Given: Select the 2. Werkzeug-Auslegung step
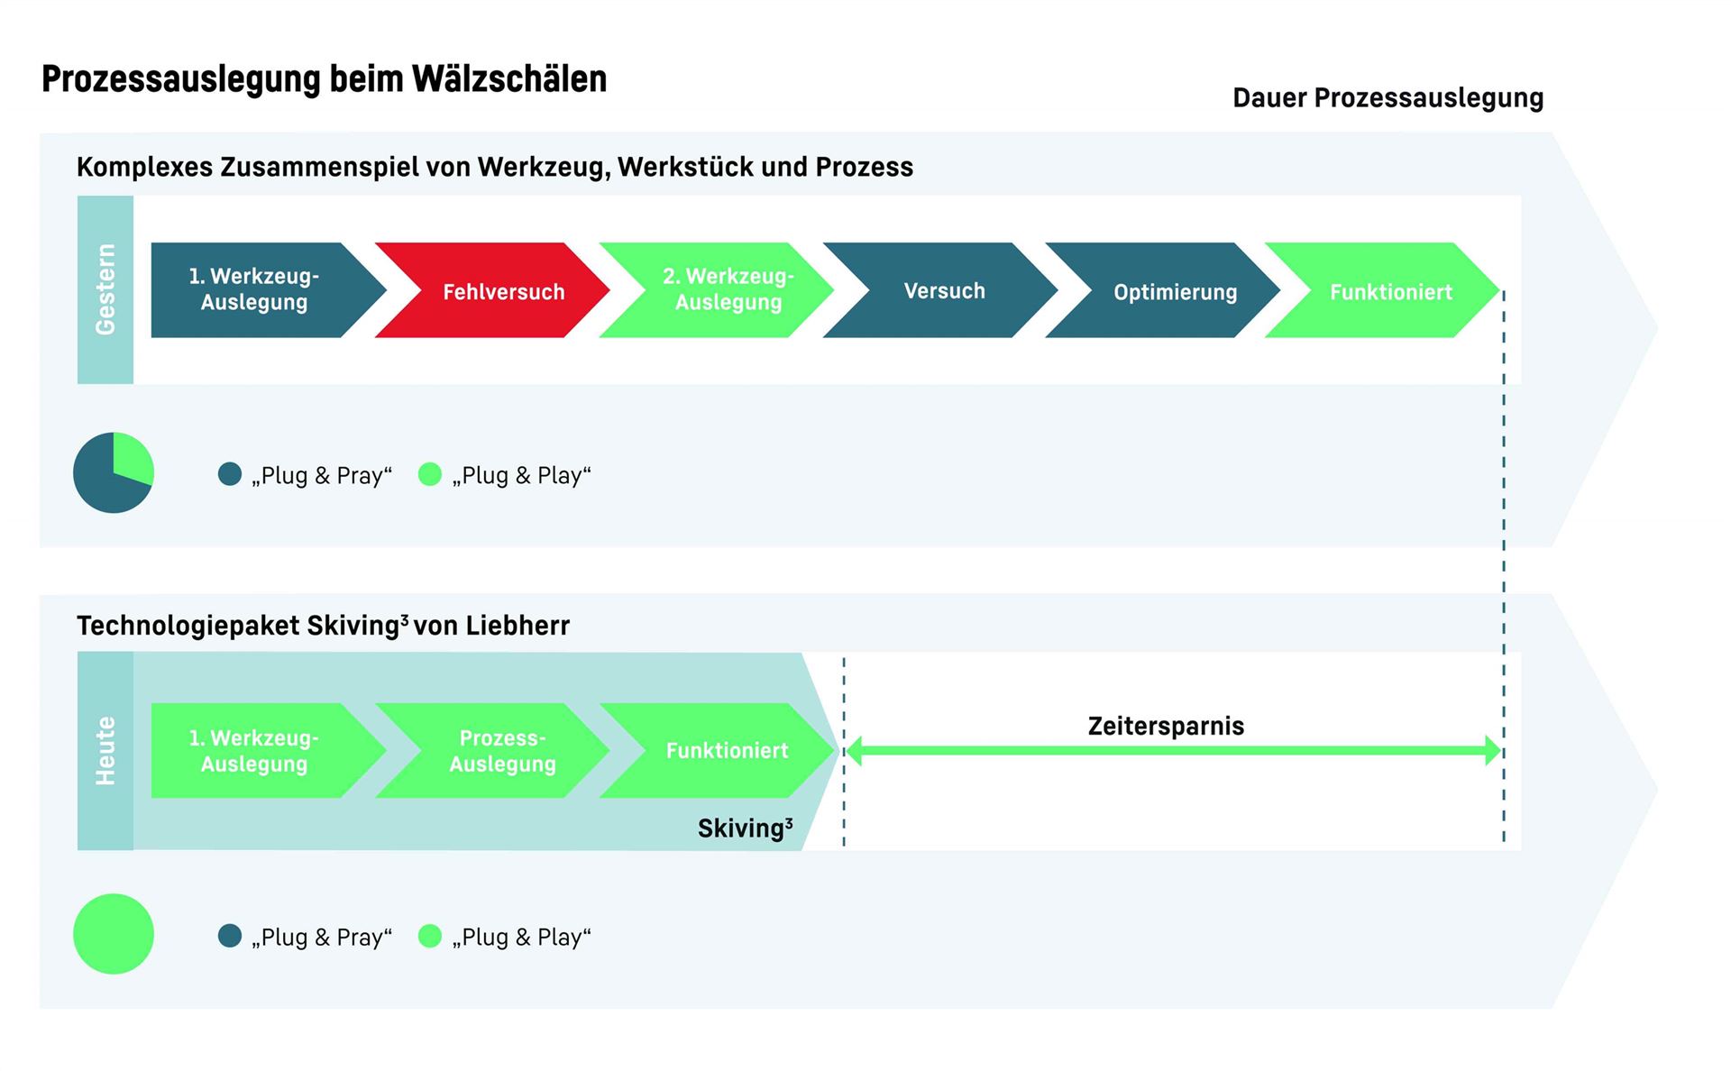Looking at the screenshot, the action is tap(717, 290).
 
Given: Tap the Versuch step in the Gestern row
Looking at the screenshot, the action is tap(940, 290).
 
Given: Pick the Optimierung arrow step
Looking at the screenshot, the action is tap(1163, 290).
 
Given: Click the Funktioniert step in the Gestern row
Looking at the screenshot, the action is tap(1383, 290).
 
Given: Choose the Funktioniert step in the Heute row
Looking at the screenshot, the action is tap(718, 750).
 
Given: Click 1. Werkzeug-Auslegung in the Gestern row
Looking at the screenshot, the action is tap(269, 290).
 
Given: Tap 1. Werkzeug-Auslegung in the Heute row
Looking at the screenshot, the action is tap(269, 750).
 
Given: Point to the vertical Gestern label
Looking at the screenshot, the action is tap(105, 289).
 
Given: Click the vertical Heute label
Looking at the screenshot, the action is tap(105, 751).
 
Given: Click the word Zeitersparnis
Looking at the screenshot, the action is tap(1166, 726).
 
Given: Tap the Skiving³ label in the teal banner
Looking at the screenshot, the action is tap(746, 828).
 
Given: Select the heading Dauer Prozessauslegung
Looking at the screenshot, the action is tap(1388, 98).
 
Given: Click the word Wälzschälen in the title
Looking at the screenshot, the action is tap(509, 79).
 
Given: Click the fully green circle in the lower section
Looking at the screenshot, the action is tap(114, 934).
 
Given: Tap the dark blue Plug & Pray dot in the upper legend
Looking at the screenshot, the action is tap(230, 474).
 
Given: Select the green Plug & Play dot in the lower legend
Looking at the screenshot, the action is tap(430, 936).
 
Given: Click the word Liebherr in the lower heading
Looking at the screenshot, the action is tap(517, 626).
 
